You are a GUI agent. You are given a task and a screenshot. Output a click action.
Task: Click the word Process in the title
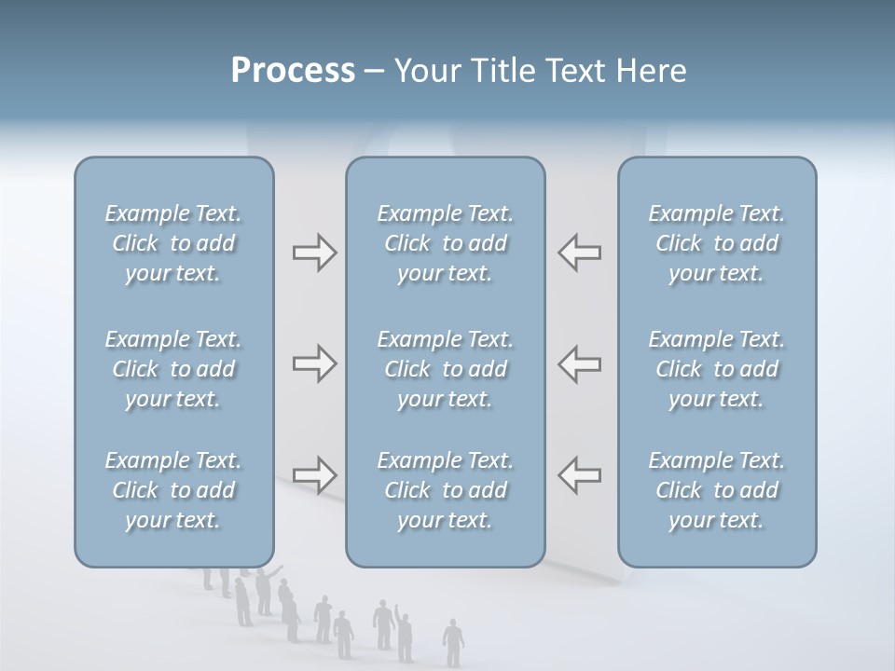pos(293,71)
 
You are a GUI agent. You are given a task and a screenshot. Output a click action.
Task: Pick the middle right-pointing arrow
pos(314,363)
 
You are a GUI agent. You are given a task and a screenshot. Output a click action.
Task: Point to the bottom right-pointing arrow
pos(314,475)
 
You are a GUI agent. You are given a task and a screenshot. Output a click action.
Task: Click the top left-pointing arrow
pos(580,253)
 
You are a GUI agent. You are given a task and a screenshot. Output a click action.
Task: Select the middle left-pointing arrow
pos(580,363)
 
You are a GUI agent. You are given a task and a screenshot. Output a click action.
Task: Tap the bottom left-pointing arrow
pos(580,474)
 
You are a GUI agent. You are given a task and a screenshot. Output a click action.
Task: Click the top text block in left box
pos(173,243)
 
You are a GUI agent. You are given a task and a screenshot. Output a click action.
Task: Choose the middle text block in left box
pos(173,369)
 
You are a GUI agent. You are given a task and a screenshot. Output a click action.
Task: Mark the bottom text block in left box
pos(173,490)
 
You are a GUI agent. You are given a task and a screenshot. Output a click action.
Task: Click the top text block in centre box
pos(445,243)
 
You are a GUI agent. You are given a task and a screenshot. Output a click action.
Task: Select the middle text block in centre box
pos(445,369)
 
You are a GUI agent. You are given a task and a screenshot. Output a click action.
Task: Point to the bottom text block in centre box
pos(445,490)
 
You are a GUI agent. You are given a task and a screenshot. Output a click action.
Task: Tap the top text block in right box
pos(716,243)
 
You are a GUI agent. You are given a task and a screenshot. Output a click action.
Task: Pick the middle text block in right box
pos(716,369)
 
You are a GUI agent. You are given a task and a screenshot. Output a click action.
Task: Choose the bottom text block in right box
pos(716,490)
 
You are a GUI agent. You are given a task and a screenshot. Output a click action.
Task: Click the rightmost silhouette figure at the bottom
pos(453,642)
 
